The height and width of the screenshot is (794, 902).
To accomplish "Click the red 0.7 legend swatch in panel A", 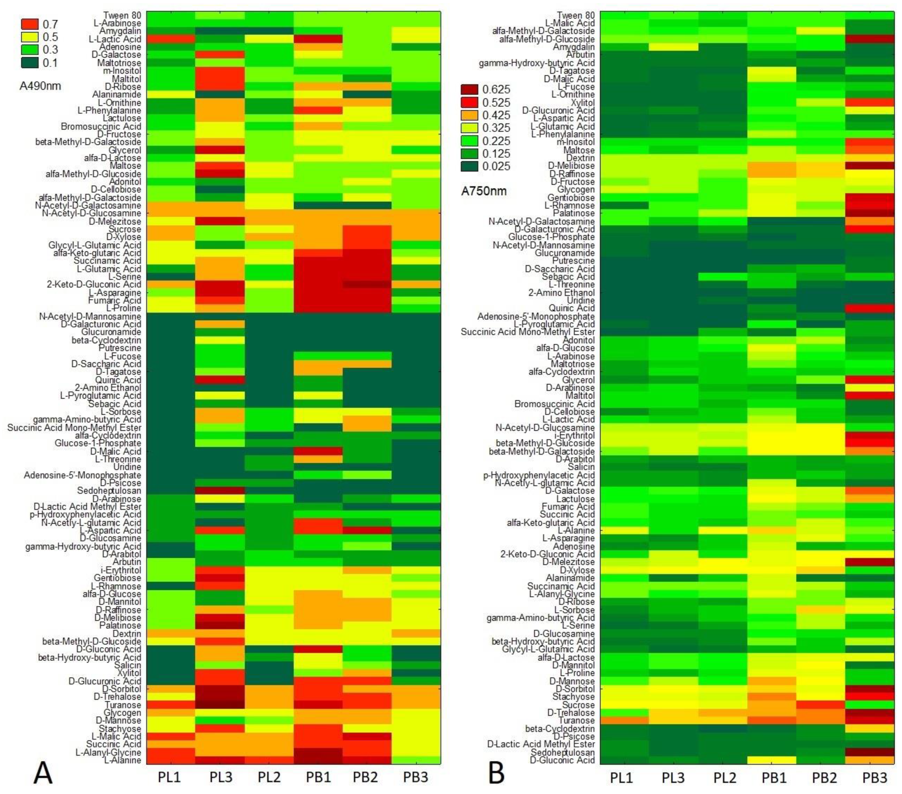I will [30, 24].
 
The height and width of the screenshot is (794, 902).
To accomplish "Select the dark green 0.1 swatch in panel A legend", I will [30, 63].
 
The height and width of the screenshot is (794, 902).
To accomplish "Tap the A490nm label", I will [40, 86].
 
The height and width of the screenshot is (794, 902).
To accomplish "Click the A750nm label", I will [484, 191].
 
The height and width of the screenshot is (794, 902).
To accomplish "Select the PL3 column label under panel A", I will [221, 777].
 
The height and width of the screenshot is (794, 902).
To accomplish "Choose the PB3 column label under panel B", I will [874, 778].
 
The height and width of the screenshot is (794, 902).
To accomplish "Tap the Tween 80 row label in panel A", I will [122, 15].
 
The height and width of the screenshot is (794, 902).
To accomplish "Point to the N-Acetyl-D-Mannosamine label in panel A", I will [90, 316].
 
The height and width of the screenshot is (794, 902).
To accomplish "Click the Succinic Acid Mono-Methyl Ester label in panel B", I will [527, 332].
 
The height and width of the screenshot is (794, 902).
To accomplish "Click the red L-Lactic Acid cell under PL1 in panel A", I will [170, 39].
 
